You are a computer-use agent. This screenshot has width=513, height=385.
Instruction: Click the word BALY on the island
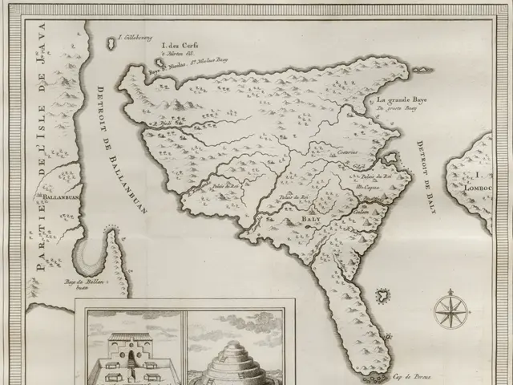[312, 216]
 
